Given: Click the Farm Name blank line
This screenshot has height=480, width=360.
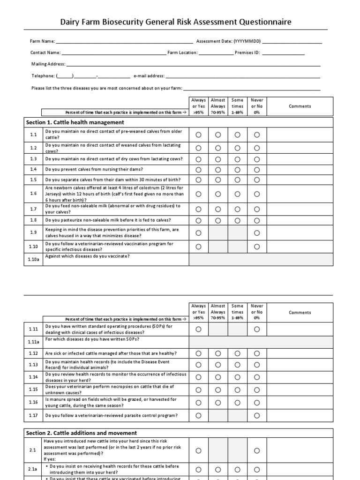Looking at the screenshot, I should pyautogui.click(x=124, y=42).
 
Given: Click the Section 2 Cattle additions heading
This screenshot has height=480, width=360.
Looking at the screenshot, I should pyautogui.click(x=82, y=433).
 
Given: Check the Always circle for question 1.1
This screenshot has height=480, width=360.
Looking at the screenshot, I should pyautogui.click(x=198, y=135).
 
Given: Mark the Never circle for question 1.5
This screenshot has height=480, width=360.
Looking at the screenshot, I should pyautogui.click(x=257, y=180).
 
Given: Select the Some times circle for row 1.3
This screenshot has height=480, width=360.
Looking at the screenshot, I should pyautogui.click(x=237, y=159).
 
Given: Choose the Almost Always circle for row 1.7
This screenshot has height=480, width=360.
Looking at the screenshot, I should pyautogui.click(x=218, y=209).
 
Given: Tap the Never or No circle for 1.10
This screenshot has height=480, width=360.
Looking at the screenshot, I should pyautogui.click(x=257, y=247).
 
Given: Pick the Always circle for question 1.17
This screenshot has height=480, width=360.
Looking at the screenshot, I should pyautogui.click(x=198, y=415).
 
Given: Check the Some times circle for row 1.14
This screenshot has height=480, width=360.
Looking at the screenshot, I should pyautogui.click(x=237, y=377).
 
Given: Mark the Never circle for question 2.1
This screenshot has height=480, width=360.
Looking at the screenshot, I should pyautogui.click(x=257, y=450).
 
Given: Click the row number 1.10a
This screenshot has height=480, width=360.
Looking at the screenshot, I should pyautogui.click(x=33, y=259).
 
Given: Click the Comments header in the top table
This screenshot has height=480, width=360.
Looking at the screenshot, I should pyautogui.click(x=300, y=106).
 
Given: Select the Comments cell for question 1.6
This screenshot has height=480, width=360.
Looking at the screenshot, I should pyautogui.click(x=300, y=194).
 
